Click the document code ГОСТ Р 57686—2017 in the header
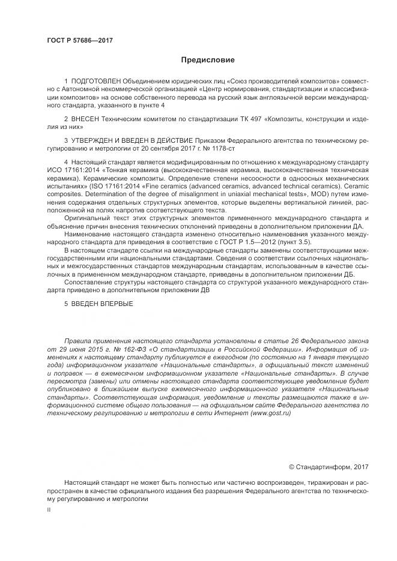[80, 40]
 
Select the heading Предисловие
[208, 60]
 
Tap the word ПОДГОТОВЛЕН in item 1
[96, 80]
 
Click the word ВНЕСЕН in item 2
[85, 119]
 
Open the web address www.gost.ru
[270, 413]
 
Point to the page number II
[49, 509]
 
